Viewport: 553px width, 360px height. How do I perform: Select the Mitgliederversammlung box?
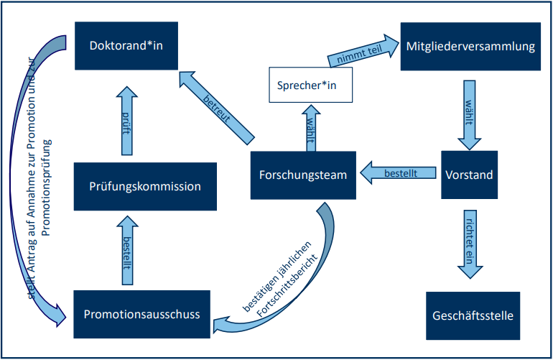click(470, 47)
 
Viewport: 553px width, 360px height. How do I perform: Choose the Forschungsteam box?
click(303, 175)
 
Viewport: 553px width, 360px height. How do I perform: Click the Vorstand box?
click(468, 175)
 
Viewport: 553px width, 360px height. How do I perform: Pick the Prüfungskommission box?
click(144, 186)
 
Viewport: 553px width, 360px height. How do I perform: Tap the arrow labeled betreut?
click(215, 103)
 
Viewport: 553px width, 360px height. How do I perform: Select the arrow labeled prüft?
click(126, 119)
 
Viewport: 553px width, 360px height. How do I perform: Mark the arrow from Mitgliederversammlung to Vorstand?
click(468, 111)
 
